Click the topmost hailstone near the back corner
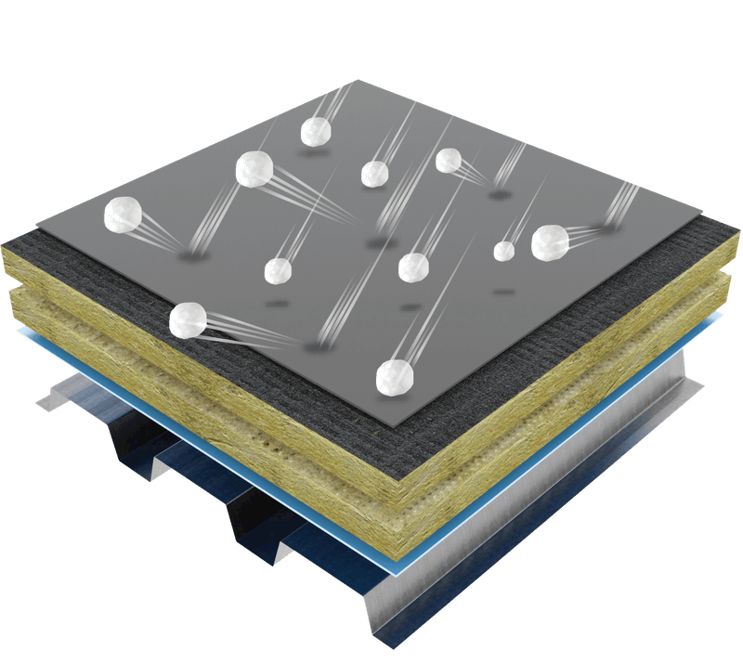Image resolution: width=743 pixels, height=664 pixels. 317,132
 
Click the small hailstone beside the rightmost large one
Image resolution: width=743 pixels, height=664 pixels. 504,250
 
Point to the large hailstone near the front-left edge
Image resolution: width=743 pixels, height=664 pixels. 189,319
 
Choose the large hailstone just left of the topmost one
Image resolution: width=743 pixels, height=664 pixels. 254,169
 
